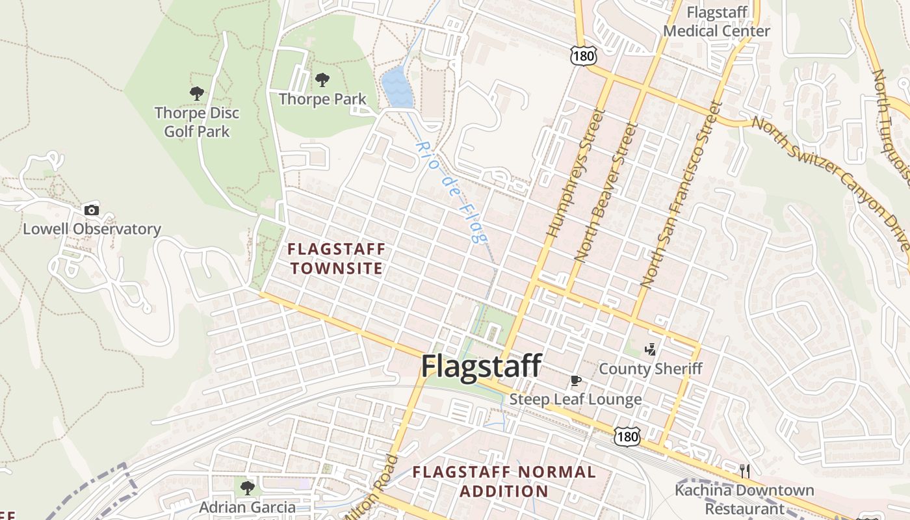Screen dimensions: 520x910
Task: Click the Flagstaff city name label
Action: (481, 366)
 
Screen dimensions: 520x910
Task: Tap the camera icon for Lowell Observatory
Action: (92, 210)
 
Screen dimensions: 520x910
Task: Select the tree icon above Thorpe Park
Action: (322, 80)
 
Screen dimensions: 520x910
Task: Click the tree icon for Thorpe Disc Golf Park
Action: (197, 94)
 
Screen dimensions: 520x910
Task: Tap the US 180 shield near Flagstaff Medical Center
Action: (583, 56)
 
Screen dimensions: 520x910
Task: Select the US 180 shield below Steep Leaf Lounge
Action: (628, 437)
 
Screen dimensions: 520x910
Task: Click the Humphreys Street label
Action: (576, 173)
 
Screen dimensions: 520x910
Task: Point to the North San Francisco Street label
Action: (682, 195)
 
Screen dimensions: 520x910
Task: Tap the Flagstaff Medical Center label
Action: (717, 21)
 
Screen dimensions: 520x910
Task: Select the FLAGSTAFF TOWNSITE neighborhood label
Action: (337, 258)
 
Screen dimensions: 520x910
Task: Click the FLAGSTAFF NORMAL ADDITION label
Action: (504, 481)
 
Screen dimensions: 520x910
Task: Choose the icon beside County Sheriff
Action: (650, 350)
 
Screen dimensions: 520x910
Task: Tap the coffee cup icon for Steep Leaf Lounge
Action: (575, 380)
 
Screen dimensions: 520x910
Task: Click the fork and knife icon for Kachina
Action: (745, 470)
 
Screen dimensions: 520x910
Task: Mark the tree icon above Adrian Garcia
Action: (247, 487)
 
